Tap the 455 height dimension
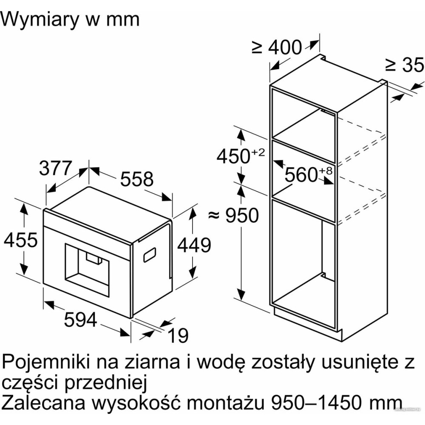click(x=21, y=241)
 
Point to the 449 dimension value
click(x=194, y=245)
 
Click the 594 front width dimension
click(x=80, y=319)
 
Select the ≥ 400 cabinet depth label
click(x=277, y=48)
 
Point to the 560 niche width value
click(x=301, y=174)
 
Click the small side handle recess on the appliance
click(x=149, y=254)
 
